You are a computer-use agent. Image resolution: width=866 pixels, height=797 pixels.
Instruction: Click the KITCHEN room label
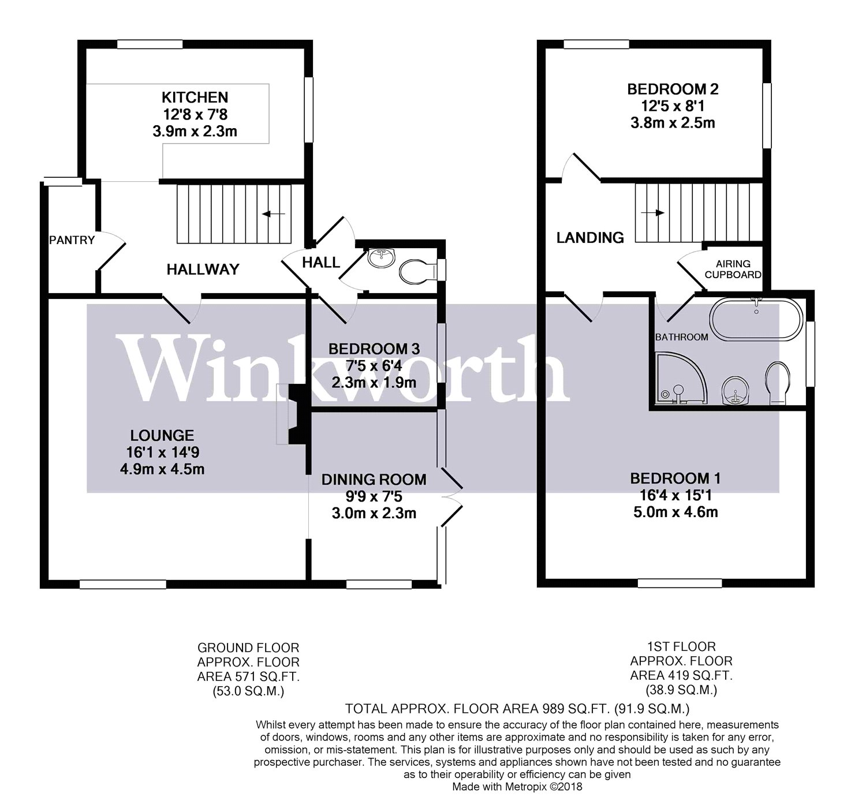point(195,97)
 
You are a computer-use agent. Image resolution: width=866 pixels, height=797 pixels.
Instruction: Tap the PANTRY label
point(72,240)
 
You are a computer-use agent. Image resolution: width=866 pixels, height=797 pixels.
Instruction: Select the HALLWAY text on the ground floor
point(203,269)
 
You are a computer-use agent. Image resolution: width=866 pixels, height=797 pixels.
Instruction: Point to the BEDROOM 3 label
point(374,349)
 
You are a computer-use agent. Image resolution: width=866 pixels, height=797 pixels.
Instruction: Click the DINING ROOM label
point(374,480)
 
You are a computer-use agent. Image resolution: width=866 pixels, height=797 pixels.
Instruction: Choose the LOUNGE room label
point(162,436)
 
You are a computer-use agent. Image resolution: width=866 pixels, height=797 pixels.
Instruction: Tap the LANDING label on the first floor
point(590,237)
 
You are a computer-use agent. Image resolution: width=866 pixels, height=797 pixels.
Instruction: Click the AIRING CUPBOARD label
point(733,270)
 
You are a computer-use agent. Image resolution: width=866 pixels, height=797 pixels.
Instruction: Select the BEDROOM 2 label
point(673,89)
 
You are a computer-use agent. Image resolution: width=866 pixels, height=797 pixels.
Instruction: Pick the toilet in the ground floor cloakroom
point(417,271)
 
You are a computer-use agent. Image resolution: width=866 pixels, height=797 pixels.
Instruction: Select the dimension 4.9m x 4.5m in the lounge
point(162,469)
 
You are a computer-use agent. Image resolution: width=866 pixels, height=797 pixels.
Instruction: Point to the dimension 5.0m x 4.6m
point(675,511)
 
